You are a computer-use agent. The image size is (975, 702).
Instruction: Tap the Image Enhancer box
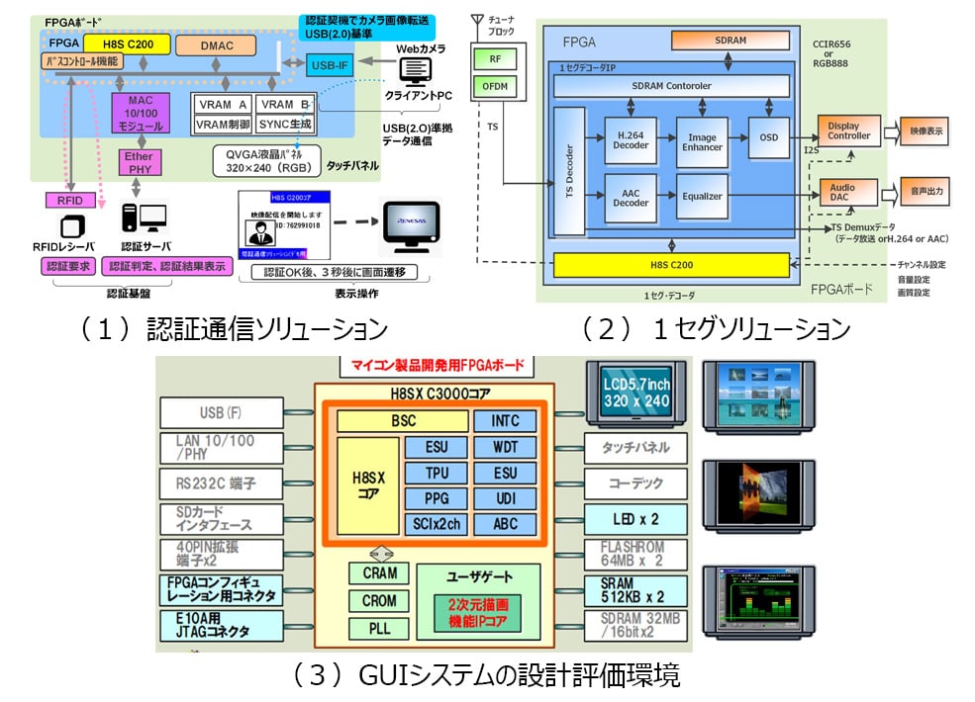[x=702, y=137]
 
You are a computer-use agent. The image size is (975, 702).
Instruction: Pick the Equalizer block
[x=702, y=195]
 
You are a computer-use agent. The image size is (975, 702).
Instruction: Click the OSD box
[x=768, y=137]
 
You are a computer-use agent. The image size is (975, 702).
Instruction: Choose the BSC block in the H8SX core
[x=403, y=421]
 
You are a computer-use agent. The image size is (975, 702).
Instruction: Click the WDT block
[x=505, y=447]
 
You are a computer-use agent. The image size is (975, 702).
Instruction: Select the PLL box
[x=379, y=628]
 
